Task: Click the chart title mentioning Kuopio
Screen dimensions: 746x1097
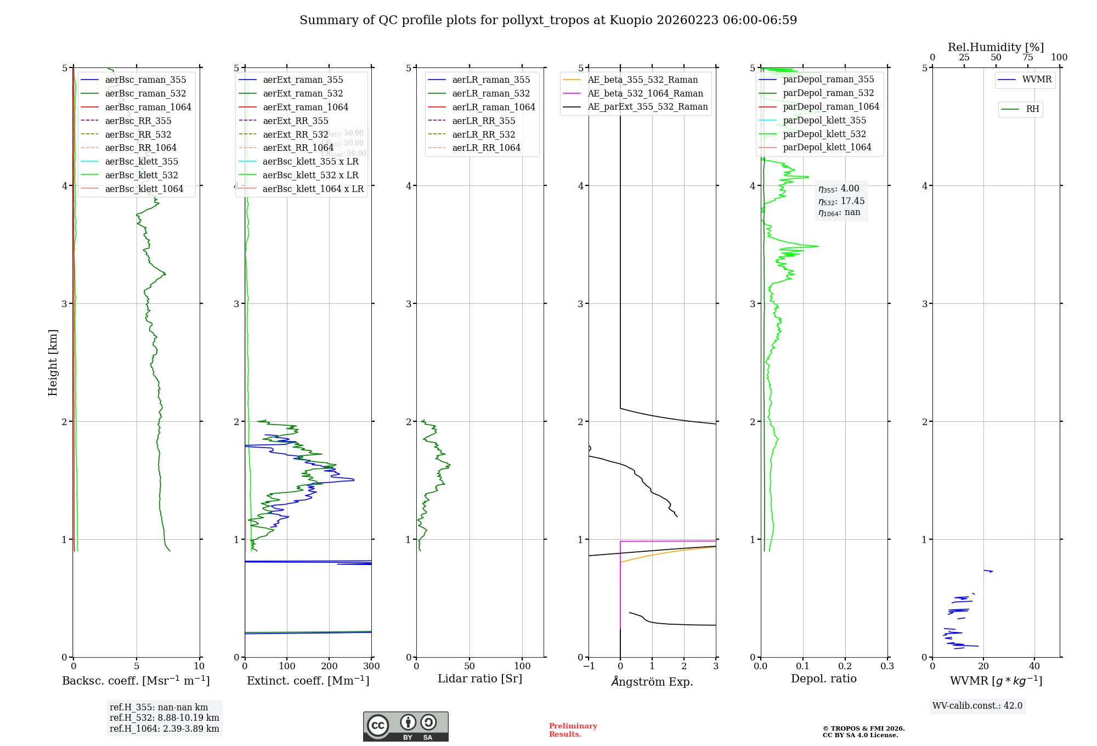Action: pyautogui.click(x=548, y=20)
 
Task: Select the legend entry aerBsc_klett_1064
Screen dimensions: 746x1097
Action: pyautogui.click(x=144, y=189)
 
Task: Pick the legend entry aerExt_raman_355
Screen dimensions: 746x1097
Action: pyautogui.click(x=303, y=80)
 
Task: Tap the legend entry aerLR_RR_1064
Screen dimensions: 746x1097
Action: pyautogui.click(x=486, y=148)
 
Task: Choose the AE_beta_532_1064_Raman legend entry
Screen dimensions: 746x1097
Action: pyautogui.click(x=645, y=93)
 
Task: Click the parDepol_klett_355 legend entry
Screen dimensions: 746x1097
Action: pyautogui.click(x=824, y=120)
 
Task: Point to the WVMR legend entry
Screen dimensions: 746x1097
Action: pyautogui.click(x=1037, y=80)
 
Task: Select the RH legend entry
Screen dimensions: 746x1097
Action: pyautogui.click(x=1032, y=109)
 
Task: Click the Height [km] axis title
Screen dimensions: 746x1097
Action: pyautogui.click(x=53, y=362)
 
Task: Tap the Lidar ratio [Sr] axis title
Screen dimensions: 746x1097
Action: pyautogui.click(x=480, y=679)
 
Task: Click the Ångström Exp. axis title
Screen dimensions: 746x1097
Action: pyautogui.click(x=652, y=681)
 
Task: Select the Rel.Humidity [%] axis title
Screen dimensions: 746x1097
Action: pyautogui.click(x=996, y=47)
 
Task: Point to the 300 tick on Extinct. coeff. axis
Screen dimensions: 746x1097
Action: pyautogui.click(x=371, y=666)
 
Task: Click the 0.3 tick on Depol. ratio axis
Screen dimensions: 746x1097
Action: pyautogui.click(x=887, y=666)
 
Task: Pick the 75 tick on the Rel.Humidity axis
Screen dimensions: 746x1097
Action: pyautogui.click(x=1028, y=58)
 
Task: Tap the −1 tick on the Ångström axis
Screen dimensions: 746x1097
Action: pyautogui.click(x=589, y=666)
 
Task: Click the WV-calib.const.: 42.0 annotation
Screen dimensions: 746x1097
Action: pyautogui.click(x=977, y=706)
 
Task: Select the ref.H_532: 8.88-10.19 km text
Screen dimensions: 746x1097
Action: pyautogui.click(x=164, y=717)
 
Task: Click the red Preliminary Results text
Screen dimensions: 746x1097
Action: pyautogui.click(x=573, y=730)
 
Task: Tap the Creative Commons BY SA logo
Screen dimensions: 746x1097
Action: pyautogui.click(x=405, y=726)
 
